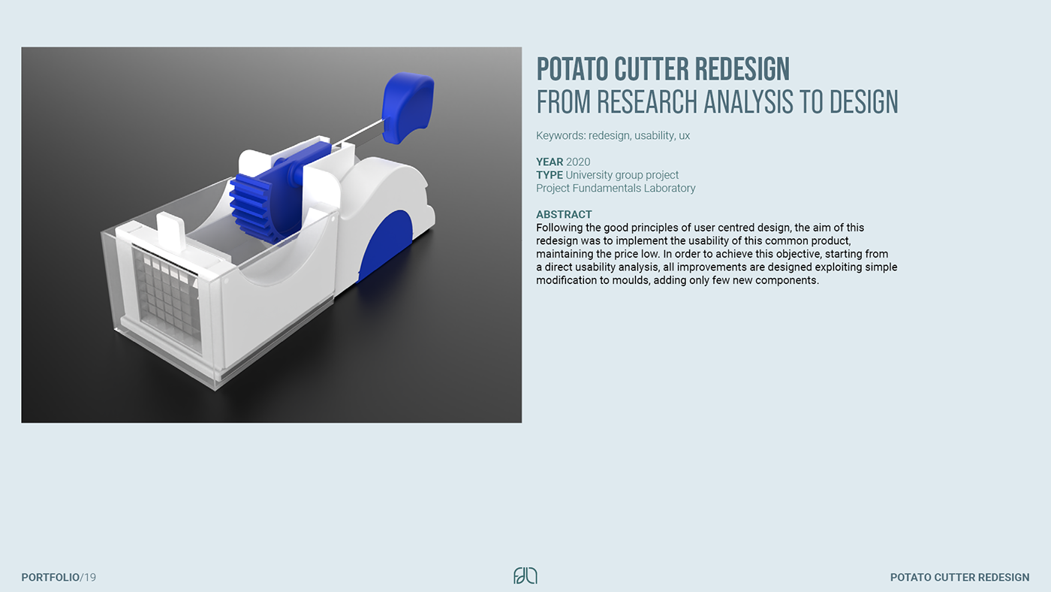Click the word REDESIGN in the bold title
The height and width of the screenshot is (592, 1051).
(x=742, y=69)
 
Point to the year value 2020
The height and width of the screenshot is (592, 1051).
(x=578, y=162)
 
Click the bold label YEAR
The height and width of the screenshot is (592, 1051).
(x=550, y=162)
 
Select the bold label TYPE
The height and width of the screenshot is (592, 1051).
(x=550, y=175)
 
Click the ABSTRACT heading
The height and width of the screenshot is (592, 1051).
(x=564, y=215)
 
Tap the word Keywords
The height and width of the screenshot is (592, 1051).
(x=562, y=136)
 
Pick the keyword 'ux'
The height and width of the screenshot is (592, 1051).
(x=684, y=136)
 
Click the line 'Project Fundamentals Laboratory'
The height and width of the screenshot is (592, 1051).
(x=616, y=189)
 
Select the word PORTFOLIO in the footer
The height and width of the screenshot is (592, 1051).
(x=50, y=578)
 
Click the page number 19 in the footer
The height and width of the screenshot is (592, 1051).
(x=90, y=578)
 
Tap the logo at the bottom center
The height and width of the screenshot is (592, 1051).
(x=525, y=576)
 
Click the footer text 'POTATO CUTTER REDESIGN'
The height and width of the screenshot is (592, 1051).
(x=960, y=578)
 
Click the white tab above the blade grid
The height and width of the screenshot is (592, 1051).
(x=171, y=229)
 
